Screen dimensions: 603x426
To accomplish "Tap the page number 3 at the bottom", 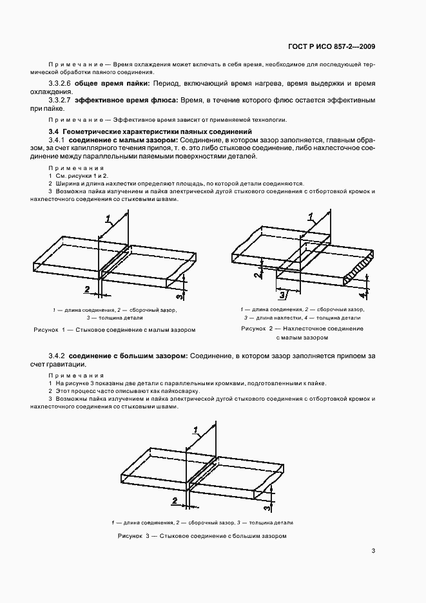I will [373, 551].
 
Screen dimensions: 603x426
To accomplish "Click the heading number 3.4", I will [53, 131].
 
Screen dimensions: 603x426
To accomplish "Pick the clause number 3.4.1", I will [57, 140].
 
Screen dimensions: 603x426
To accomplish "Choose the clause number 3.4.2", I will [57, 356].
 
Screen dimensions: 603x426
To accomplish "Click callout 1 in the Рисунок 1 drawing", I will [108, 216].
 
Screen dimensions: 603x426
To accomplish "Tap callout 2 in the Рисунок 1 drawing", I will [87, 289].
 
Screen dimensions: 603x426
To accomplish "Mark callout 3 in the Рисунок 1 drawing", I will [179, 295].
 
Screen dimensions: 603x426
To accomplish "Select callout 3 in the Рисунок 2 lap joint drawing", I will [282, 296].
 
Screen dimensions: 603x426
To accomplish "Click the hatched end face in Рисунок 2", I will [358, 269].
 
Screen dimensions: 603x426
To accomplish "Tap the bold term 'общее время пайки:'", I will [112, 84].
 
